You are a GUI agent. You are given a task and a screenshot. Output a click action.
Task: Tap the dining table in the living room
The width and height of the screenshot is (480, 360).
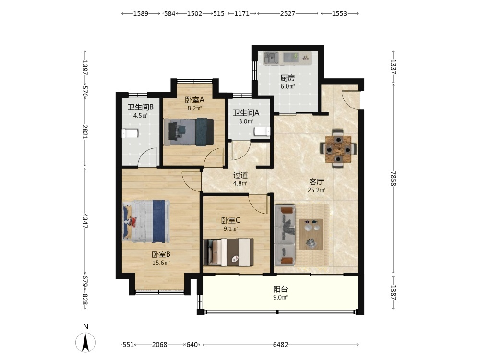[338, 149]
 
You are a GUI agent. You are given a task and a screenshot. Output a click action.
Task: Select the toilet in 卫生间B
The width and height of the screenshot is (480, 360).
[130, 133]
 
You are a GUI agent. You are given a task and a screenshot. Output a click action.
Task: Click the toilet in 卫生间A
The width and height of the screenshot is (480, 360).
[263, 132]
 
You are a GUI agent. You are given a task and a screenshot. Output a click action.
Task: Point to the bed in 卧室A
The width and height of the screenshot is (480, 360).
[189, 132]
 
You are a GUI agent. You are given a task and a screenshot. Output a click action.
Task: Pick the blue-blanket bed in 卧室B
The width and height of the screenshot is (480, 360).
[146, 221]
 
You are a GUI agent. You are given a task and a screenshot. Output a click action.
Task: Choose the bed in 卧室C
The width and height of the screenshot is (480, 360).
[228, 252]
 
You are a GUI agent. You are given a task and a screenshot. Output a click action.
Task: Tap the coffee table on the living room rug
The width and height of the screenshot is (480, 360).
[311, 234]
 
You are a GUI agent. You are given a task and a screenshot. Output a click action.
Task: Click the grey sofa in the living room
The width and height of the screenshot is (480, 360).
[285, 235]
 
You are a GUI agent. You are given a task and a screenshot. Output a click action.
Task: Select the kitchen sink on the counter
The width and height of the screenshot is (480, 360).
[271, 58]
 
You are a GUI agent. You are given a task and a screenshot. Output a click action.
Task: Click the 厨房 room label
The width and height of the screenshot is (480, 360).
[288, 78]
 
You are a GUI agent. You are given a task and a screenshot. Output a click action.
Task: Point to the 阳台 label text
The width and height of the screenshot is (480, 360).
[280, 289]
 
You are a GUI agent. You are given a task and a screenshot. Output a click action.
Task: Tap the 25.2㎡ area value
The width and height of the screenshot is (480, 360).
[316, 190]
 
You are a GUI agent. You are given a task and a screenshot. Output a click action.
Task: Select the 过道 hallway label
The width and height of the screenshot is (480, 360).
[240, 175]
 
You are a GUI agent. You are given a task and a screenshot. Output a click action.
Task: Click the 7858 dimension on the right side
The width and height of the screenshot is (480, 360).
[394, 179]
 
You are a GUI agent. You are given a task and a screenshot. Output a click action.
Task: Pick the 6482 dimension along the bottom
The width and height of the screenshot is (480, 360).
[280, 345]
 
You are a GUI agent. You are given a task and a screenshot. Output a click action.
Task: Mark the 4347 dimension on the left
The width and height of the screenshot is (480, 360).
[85, 221]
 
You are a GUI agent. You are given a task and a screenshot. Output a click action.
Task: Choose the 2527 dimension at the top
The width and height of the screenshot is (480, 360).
[288, 13]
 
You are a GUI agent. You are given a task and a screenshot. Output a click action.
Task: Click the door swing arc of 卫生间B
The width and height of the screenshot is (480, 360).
[147, 157]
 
